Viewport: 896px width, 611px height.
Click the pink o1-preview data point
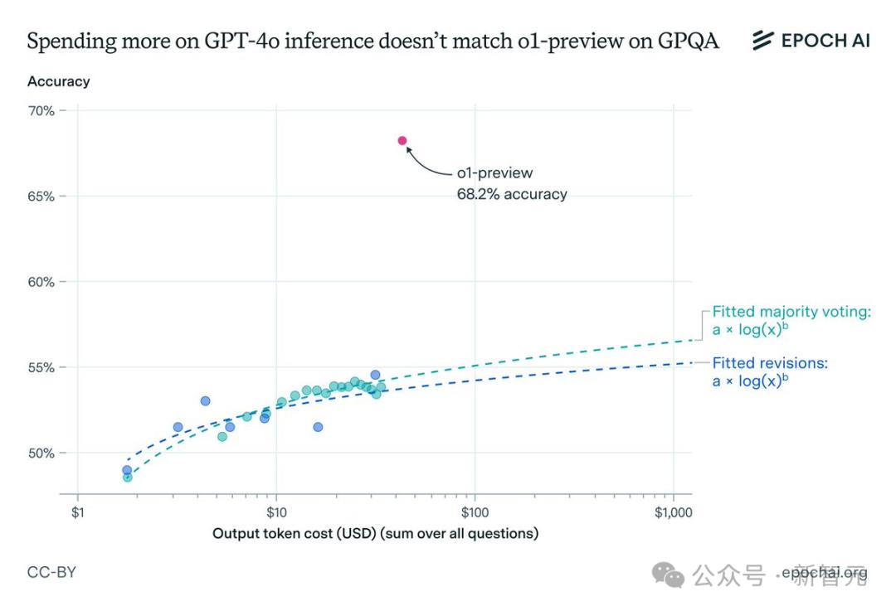coord(402,141)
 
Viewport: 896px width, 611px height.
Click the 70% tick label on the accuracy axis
coord(41,110)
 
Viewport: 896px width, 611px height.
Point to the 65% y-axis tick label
coord(41,196)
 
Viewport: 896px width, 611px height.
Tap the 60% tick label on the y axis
coord(41,282)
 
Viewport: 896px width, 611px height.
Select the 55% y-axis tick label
coord(41,367)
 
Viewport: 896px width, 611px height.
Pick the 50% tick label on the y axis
coord(41,453)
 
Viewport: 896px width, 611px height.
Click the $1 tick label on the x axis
coord(77,512)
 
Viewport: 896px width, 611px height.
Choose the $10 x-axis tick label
coord(275,512)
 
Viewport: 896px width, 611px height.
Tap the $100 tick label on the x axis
coord(474,512)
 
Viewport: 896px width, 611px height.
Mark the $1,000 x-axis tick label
coord(672,512)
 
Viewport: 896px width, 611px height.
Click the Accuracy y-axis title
coord(58,81)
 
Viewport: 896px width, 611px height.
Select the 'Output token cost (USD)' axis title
coord(375,533)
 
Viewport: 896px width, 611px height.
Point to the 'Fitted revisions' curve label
coord(770,363)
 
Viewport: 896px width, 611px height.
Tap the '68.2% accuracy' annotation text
coord(512,194)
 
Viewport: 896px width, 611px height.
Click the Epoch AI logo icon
coord(762,40)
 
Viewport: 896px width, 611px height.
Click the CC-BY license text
coord(51,572)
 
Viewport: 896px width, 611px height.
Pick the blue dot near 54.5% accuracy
coord(375,375)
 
